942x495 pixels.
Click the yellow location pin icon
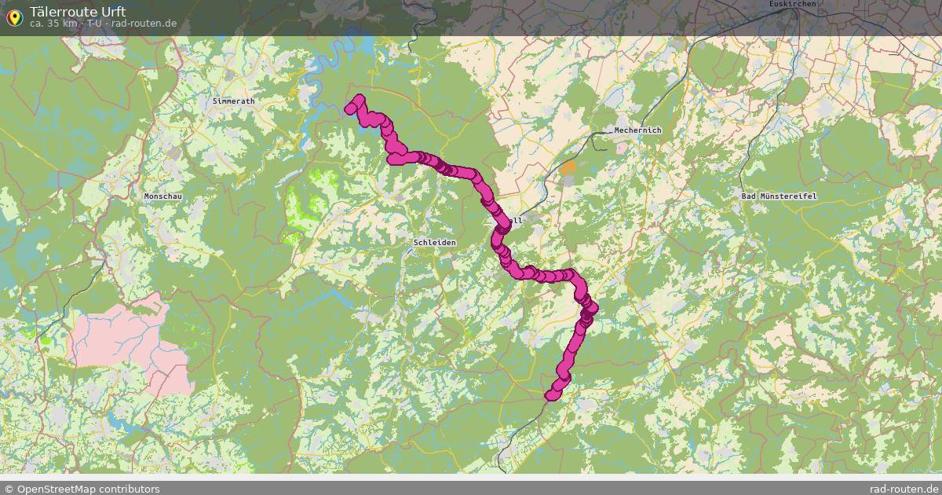pyautogui.click(x=14, y=16)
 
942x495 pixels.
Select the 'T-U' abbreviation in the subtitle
pyautogui.click(x=94, y=24)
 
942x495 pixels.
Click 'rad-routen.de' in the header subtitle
pyautogui.click(x=144, y=24)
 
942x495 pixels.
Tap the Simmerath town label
pyautogui.click(x=233, y=101)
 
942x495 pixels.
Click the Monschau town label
pyautogui.click(x=162, y=196)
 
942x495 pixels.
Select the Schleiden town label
pyautogui.click(x=434, y=243)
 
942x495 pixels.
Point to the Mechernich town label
pyautogui.click(x=637, y=130)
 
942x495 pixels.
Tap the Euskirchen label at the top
pyautogui.click(x=793, y=4)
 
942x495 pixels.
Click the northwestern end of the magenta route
pyautogui.click(x=351, y=108)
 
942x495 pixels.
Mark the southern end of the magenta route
pyautogui.click(x=551, y=394)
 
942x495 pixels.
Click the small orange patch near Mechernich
pyautogui.click(x=568, y=167)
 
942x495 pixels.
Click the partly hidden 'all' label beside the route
pyautogui.click(x=516, y=221)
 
